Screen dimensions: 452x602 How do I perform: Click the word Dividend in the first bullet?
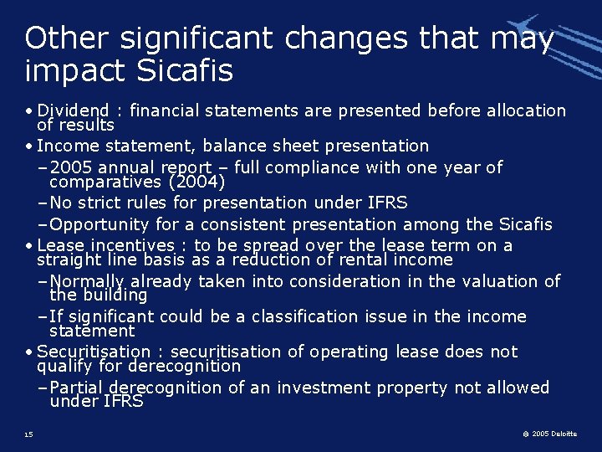[x=74, y=110]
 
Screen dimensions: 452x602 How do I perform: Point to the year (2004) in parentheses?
[x=196, y=181]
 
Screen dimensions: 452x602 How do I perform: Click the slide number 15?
[x=29, y=434]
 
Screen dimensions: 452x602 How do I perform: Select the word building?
[x=110, y=295]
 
